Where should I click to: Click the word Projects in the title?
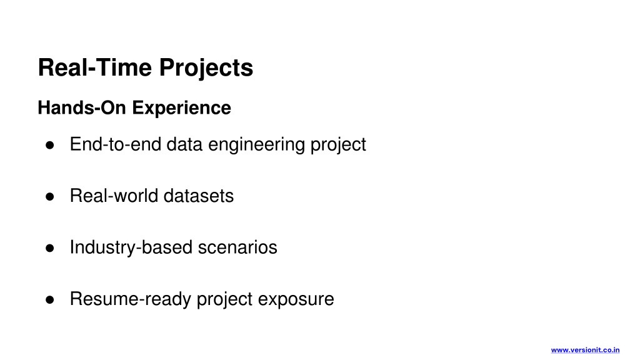pyautogui.click(x=206, y=68)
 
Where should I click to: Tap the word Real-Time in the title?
pyautogui.click(x=95, y=67)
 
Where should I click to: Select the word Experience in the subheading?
pyautogui.click(x=182, y=109)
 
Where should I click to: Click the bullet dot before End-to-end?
pyautogui.click(x=50, y=145)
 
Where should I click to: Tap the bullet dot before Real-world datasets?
pyautogui.click(x=50, y=197)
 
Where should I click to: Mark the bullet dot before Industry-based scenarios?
pyautogui.click(x=50, y=248)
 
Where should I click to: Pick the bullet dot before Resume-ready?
pyautogui.click(x=50, y=300)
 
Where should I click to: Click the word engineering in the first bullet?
pyautogui.click(x=256, y=145)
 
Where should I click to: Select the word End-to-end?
pyautogui.click(x=116, y=144)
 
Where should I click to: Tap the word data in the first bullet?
pyautogui.click(x=184, y=144)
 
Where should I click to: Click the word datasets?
pyautogui.click(x=198, y=196)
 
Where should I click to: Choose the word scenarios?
pyautogui.click(x=237, y=247)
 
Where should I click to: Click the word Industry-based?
pyautogui.click(x=131, y=248)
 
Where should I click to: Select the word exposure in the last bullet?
pyautogui.click(x=296, y=300)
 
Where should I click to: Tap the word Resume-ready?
pyautogui.click(x=131, y=300)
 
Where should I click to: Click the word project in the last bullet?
pyautogui.click(x=225, y=300)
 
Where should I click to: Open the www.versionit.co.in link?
pyautogui.click(x=585, y=350)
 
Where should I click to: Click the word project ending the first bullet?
pyautogui.click(x=338, y=145)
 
